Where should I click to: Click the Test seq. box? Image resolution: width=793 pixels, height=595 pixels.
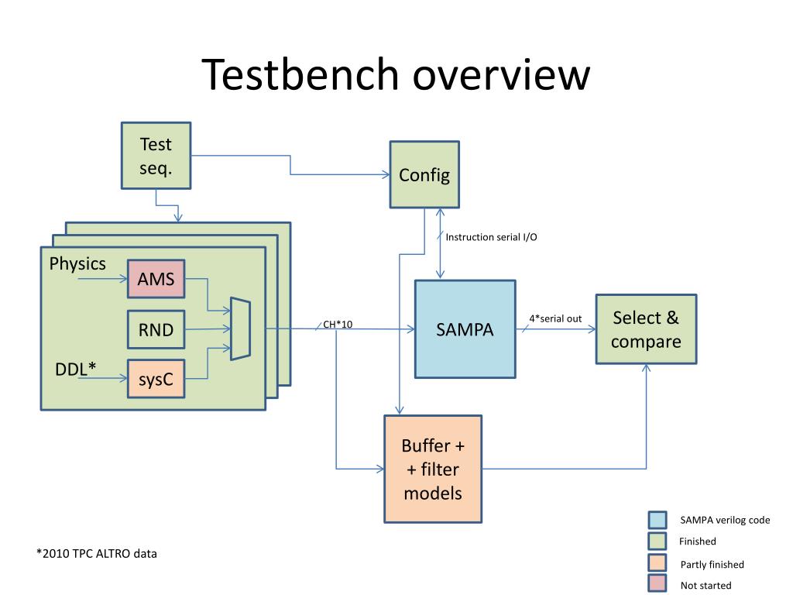click(x=156, y=155)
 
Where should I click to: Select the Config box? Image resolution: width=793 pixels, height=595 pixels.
click(x=424, y=174)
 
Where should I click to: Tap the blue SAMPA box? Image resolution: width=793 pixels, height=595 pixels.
click(x=465, y=328)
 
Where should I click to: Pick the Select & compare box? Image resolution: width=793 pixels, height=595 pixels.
click(x=646, y=328)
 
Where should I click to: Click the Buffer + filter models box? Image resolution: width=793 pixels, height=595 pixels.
click(x=433, y=469)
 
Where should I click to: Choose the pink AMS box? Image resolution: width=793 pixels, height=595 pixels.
click(x=156, y=279)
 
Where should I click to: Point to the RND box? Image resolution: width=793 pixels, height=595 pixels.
click(x=156, y=329)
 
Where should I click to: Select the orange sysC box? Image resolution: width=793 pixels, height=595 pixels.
click(x=156, y=378)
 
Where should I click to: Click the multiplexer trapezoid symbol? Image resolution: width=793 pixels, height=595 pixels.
click(x=240, y=328)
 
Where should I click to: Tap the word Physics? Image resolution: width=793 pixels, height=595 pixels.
click(x=77, y=263)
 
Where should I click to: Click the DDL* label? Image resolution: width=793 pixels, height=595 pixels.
click(x=75, y=369)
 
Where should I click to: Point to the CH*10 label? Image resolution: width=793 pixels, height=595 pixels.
click(x=338, y=325)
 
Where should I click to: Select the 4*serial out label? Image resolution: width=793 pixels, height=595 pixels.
click(x=555, y=318)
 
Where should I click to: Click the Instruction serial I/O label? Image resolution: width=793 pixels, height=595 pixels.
click(x=491, y=237)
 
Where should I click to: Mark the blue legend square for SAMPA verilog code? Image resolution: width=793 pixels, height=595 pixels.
click(x=657, y=520)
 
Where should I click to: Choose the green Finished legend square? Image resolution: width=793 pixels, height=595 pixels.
click(x=657, y=541)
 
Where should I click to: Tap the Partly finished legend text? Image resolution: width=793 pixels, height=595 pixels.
click(x=712, y=564)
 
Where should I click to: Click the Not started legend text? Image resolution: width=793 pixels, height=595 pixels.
click(x=705, y=586)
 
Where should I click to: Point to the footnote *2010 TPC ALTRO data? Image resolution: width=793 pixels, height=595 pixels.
click(x=97, y=553)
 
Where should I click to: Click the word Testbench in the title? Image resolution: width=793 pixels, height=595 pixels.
click(x=300, y=74)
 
